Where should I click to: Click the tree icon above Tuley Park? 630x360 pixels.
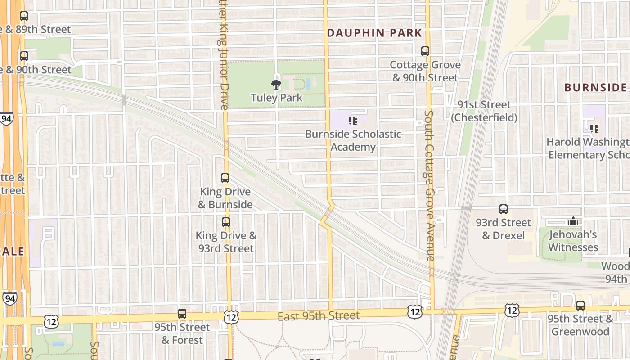click(x=276, y=84)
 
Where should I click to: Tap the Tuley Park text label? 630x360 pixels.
click(x=276, y=98)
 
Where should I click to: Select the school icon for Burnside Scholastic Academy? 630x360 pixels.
click(x=353, y=121)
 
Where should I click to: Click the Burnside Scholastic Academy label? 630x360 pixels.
click(x=353, y=140)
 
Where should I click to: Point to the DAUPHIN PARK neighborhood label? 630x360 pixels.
click(x=374, y=33)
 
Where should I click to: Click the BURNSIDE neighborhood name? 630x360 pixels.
click(x=595, y=87)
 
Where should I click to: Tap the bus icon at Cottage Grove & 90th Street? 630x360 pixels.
click(x=425, y=51)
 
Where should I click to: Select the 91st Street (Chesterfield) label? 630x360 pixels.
click(x=484, y=111)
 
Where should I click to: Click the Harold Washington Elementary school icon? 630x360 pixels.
click(x=594, y=129)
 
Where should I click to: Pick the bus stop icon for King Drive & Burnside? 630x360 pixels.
click(x=225, y=178)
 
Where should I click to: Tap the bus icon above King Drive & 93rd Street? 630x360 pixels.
click(x=226, y=222)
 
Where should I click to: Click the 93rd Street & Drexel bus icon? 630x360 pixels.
click(x=504, y=209)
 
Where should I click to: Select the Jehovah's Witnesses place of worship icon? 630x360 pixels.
click(x=573, y=221)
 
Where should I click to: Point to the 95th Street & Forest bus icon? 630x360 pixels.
click(x=182, y=314)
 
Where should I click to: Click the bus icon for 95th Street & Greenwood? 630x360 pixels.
click(x=580, y=306)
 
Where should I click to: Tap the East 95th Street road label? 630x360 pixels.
click(x=318, y=316)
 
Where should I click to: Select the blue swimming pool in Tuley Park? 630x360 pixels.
click(x=308, y=83)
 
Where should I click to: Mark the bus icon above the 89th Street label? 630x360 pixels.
click(x=24, y=17)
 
